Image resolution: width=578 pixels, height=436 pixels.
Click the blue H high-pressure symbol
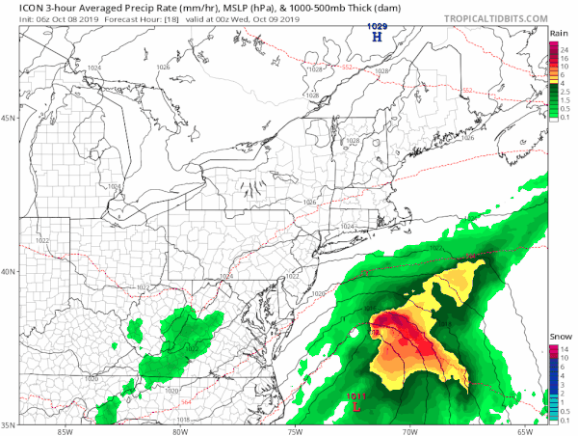378,38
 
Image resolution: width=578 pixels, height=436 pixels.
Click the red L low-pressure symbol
358,406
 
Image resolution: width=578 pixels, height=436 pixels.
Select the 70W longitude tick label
408,430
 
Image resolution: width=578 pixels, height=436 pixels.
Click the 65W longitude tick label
523,430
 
